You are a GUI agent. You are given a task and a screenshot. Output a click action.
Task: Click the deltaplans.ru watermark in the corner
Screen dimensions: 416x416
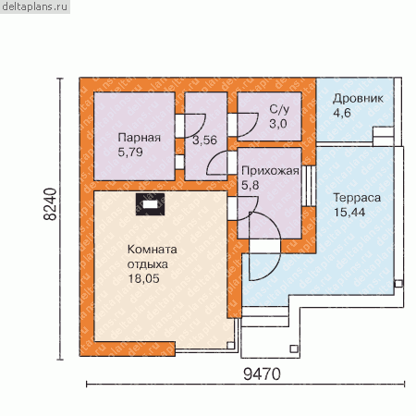34,6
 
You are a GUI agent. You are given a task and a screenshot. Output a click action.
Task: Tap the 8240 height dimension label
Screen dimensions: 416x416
50,204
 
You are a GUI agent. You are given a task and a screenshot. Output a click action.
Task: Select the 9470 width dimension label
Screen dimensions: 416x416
262,374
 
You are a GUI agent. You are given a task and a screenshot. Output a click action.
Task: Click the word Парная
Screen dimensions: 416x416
140,138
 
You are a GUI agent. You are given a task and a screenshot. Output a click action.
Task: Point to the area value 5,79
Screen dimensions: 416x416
130,152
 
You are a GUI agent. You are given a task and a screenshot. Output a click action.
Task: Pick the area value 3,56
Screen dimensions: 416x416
205,141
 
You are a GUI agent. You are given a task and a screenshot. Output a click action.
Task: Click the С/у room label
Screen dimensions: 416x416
279,109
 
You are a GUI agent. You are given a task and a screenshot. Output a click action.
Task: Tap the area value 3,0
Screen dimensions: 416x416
278,124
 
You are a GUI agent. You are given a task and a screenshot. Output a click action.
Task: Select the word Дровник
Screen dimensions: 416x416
358,99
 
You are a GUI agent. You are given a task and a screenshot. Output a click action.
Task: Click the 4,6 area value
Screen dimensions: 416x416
342,113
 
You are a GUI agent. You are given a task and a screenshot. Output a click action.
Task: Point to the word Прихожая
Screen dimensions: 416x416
270,171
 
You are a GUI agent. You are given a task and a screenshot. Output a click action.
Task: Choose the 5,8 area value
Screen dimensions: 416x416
250,185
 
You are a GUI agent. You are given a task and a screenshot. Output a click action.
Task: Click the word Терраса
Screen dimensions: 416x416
357,198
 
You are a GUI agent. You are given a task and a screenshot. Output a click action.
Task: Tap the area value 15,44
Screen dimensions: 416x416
349,213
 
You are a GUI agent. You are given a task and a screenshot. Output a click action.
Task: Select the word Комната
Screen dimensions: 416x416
153,250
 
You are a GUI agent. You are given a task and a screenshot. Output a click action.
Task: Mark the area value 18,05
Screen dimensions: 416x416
143,278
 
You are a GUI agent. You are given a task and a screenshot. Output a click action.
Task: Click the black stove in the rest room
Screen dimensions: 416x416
150,204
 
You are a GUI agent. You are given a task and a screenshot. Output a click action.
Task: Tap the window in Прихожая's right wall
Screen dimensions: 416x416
309,186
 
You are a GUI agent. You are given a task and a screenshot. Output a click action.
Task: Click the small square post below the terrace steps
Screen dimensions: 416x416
294,349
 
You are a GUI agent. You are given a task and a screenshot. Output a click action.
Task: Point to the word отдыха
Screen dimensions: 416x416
148,264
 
